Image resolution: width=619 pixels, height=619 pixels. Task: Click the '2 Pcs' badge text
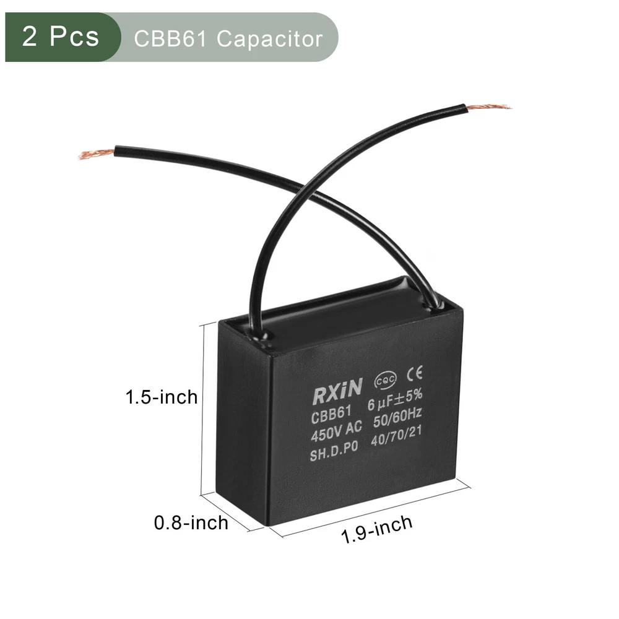[61, 37]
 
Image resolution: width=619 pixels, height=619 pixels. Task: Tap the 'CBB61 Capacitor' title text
[228, 38]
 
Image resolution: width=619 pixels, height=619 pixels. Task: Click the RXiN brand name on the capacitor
[337, 391]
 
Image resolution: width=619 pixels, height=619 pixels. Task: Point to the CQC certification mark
[385, 381]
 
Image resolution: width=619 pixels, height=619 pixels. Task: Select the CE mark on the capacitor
[415, 373]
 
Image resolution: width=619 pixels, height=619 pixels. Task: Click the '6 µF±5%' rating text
[395, 399]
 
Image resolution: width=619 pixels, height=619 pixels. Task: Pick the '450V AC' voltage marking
[336, 431]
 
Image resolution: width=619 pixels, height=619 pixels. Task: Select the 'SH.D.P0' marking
[334, 451]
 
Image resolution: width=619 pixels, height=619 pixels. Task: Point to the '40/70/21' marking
[396, 435]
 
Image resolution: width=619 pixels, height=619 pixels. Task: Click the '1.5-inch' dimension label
[162, 397]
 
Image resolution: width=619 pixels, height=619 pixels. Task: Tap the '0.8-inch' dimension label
[191, 523]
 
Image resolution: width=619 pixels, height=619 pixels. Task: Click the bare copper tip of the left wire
[97, 154]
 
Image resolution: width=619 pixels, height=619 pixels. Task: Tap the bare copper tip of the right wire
[489, 106]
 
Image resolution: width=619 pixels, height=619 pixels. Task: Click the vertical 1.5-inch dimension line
[202, 409]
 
